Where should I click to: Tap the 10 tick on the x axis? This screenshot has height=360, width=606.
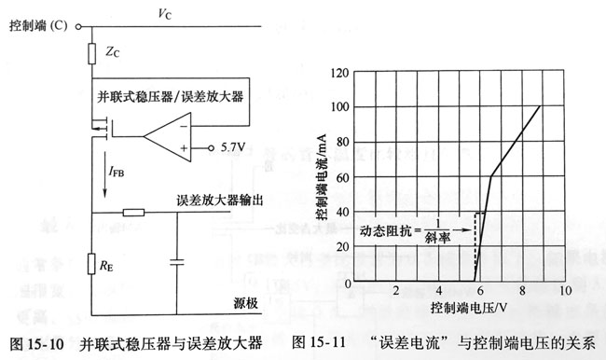coord(564,291)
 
